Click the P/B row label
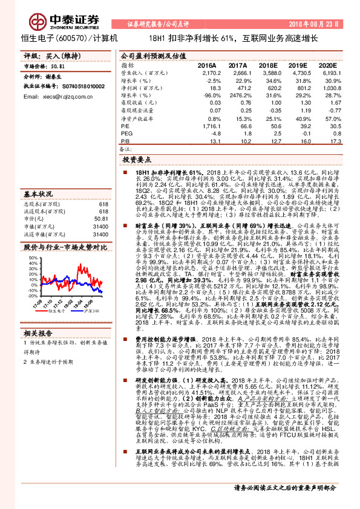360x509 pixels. pyautogui.click(x=126, y=141)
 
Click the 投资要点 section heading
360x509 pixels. pyautogui.click(x=136, y=161)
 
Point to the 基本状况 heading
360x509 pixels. pyautogui.click(x=38, y=194)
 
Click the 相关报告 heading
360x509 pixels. pyautogui.click(x=38, y=333)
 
